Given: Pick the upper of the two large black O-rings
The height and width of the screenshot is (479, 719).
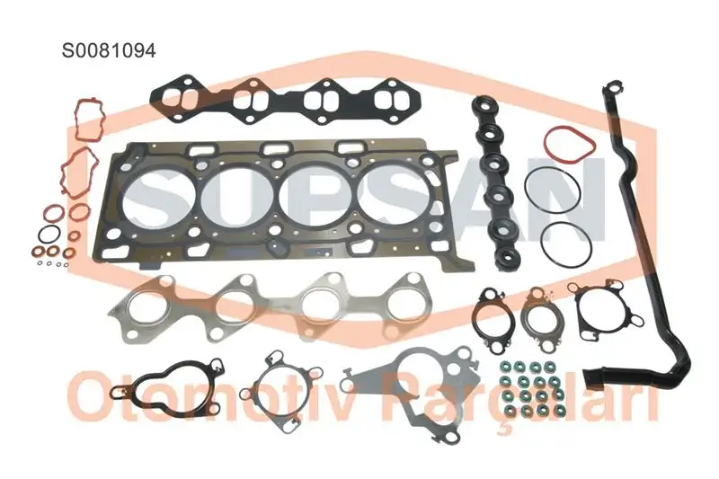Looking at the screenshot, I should click(x=550, y=191).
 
